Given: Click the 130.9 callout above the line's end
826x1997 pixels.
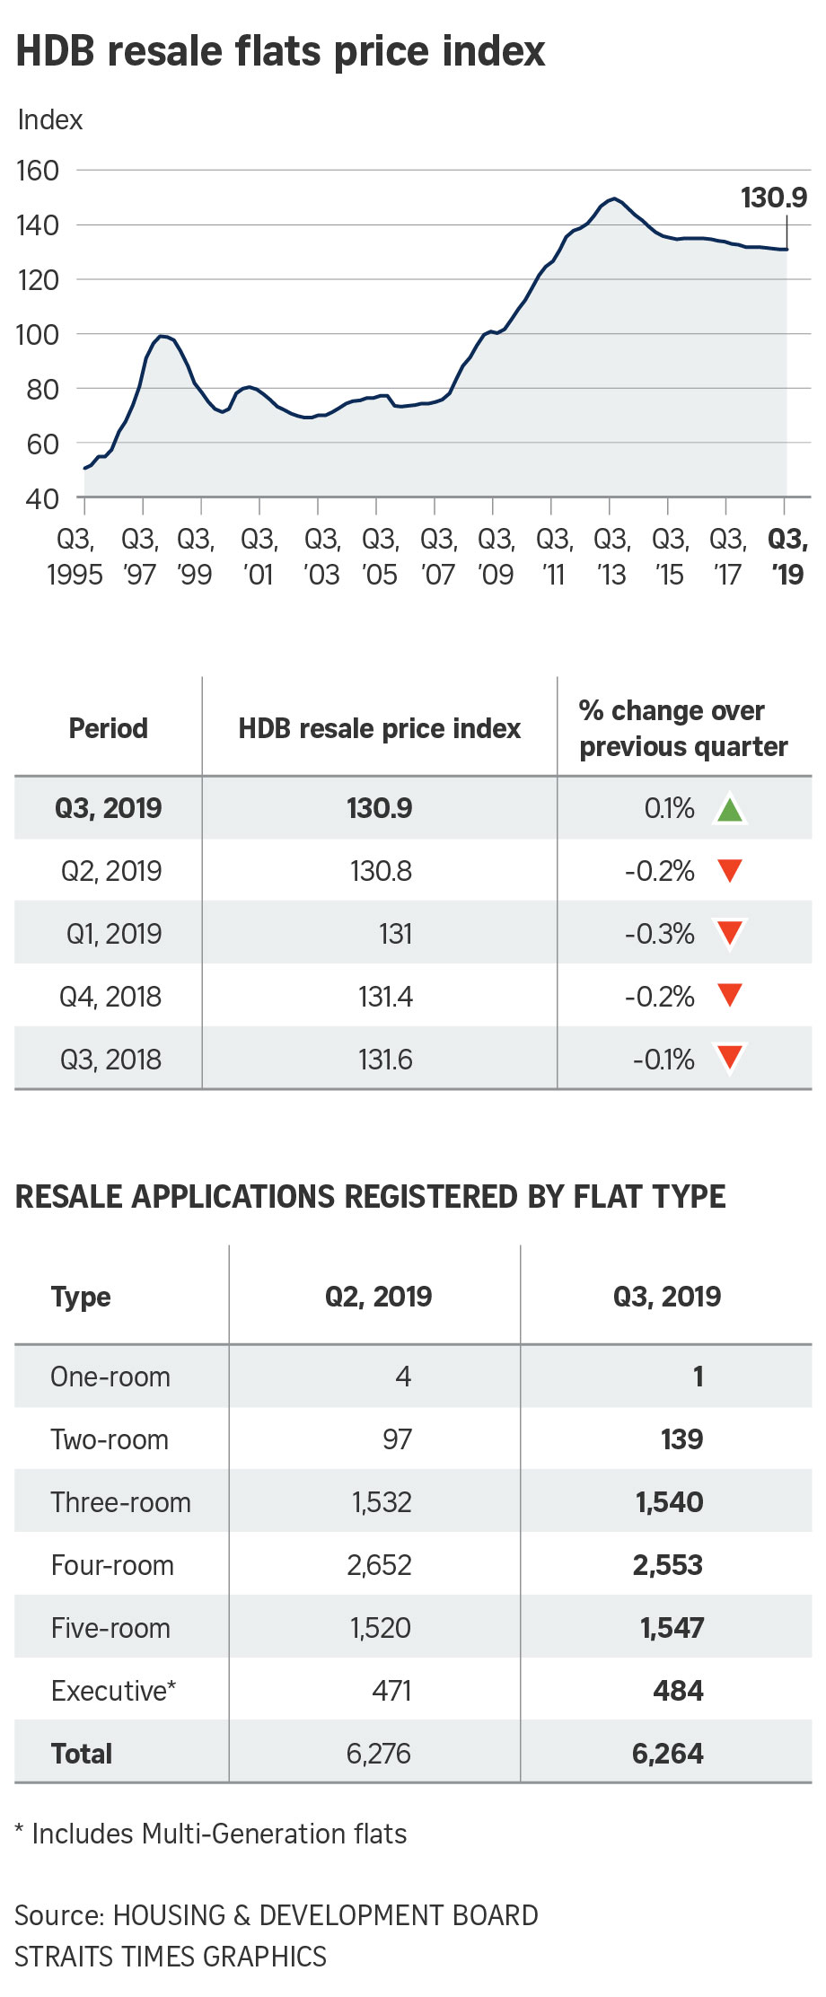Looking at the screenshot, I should (x=773, y=198).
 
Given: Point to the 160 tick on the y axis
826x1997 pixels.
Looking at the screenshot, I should (x=38, y=171).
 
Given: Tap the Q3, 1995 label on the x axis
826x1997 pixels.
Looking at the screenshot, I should (x=75, y=557).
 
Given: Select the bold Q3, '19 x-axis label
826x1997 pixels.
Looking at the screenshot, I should (x=787, y=557).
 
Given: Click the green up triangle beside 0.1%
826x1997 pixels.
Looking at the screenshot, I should (x=730, y=809).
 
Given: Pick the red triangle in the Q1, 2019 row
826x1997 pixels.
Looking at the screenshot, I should (x=730, y=934).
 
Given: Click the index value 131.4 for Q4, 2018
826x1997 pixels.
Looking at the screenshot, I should (x=385, y=997).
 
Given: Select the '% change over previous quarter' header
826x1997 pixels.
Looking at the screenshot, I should (x=682, y=728).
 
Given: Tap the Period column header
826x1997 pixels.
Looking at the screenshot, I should (x=109, y=728).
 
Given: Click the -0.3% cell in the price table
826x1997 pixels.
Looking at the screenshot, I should (x=660, y=934).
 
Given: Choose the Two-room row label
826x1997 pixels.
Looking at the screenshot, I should (x=110, y=1439).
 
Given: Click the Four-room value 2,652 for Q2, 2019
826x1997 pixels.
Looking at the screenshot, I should (x=379, y=1565).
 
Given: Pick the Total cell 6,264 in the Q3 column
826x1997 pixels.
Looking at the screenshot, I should (x=667, y=1754).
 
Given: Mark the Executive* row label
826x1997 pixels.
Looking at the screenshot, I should (x=113, y=1691).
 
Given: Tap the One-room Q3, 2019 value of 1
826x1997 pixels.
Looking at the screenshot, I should (x=698, y=1377).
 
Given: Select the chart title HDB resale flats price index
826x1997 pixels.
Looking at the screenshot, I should (x=280, y=51).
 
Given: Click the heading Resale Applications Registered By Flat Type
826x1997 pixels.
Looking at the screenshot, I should (x=370, y=1197).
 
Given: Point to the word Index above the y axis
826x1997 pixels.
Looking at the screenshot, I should (x=50, y=119).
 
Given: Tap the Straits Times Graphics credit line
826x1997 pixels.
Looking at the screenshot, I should (x=171, y=1957).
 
